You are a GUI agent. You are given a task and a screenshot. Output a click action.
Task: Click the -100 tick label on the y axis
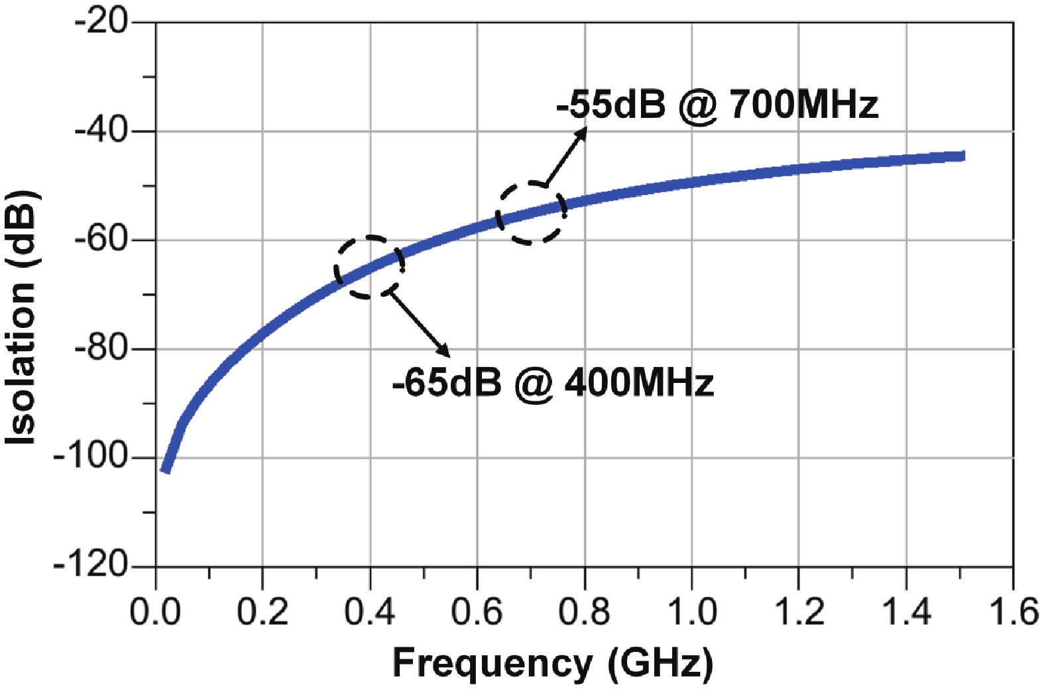(91, 457)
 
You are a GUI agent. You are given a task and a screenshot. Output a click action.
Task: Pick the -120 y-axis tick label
(91, 566)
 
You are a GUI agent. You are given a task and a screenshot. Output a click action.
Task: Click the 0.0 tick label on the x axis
(155, 612)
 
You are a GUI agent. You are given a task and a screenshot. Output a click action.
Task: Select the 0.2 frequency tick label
(262, 612)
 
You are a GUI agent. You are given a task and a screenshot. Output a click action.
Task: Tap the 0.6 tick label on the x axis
(477, 612)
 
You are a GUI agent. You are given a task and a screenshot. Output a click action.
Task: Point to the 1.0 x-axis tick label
(691, 612)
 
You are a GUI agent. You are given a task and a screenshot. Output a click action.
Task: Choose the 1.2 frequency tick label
(799, 612)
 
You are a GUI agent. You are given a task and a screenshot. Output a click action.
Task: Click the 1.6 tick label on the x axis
(1013, 612)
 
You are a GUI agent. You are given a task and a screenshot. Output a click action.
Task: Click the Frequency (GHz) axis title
(553, 663)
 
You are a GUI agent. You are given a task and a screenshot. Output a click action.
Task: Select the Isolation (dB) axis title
(21, 318)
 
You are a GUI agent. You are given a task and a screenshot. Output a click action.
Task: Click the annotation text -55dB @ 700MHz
(717, 105)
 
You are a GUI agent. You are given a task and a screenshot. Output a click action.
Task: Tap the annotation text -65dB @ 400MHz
(553, 383)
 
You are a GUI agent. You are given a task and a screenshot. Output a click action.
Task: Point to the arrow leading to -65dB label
(420, 323)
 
